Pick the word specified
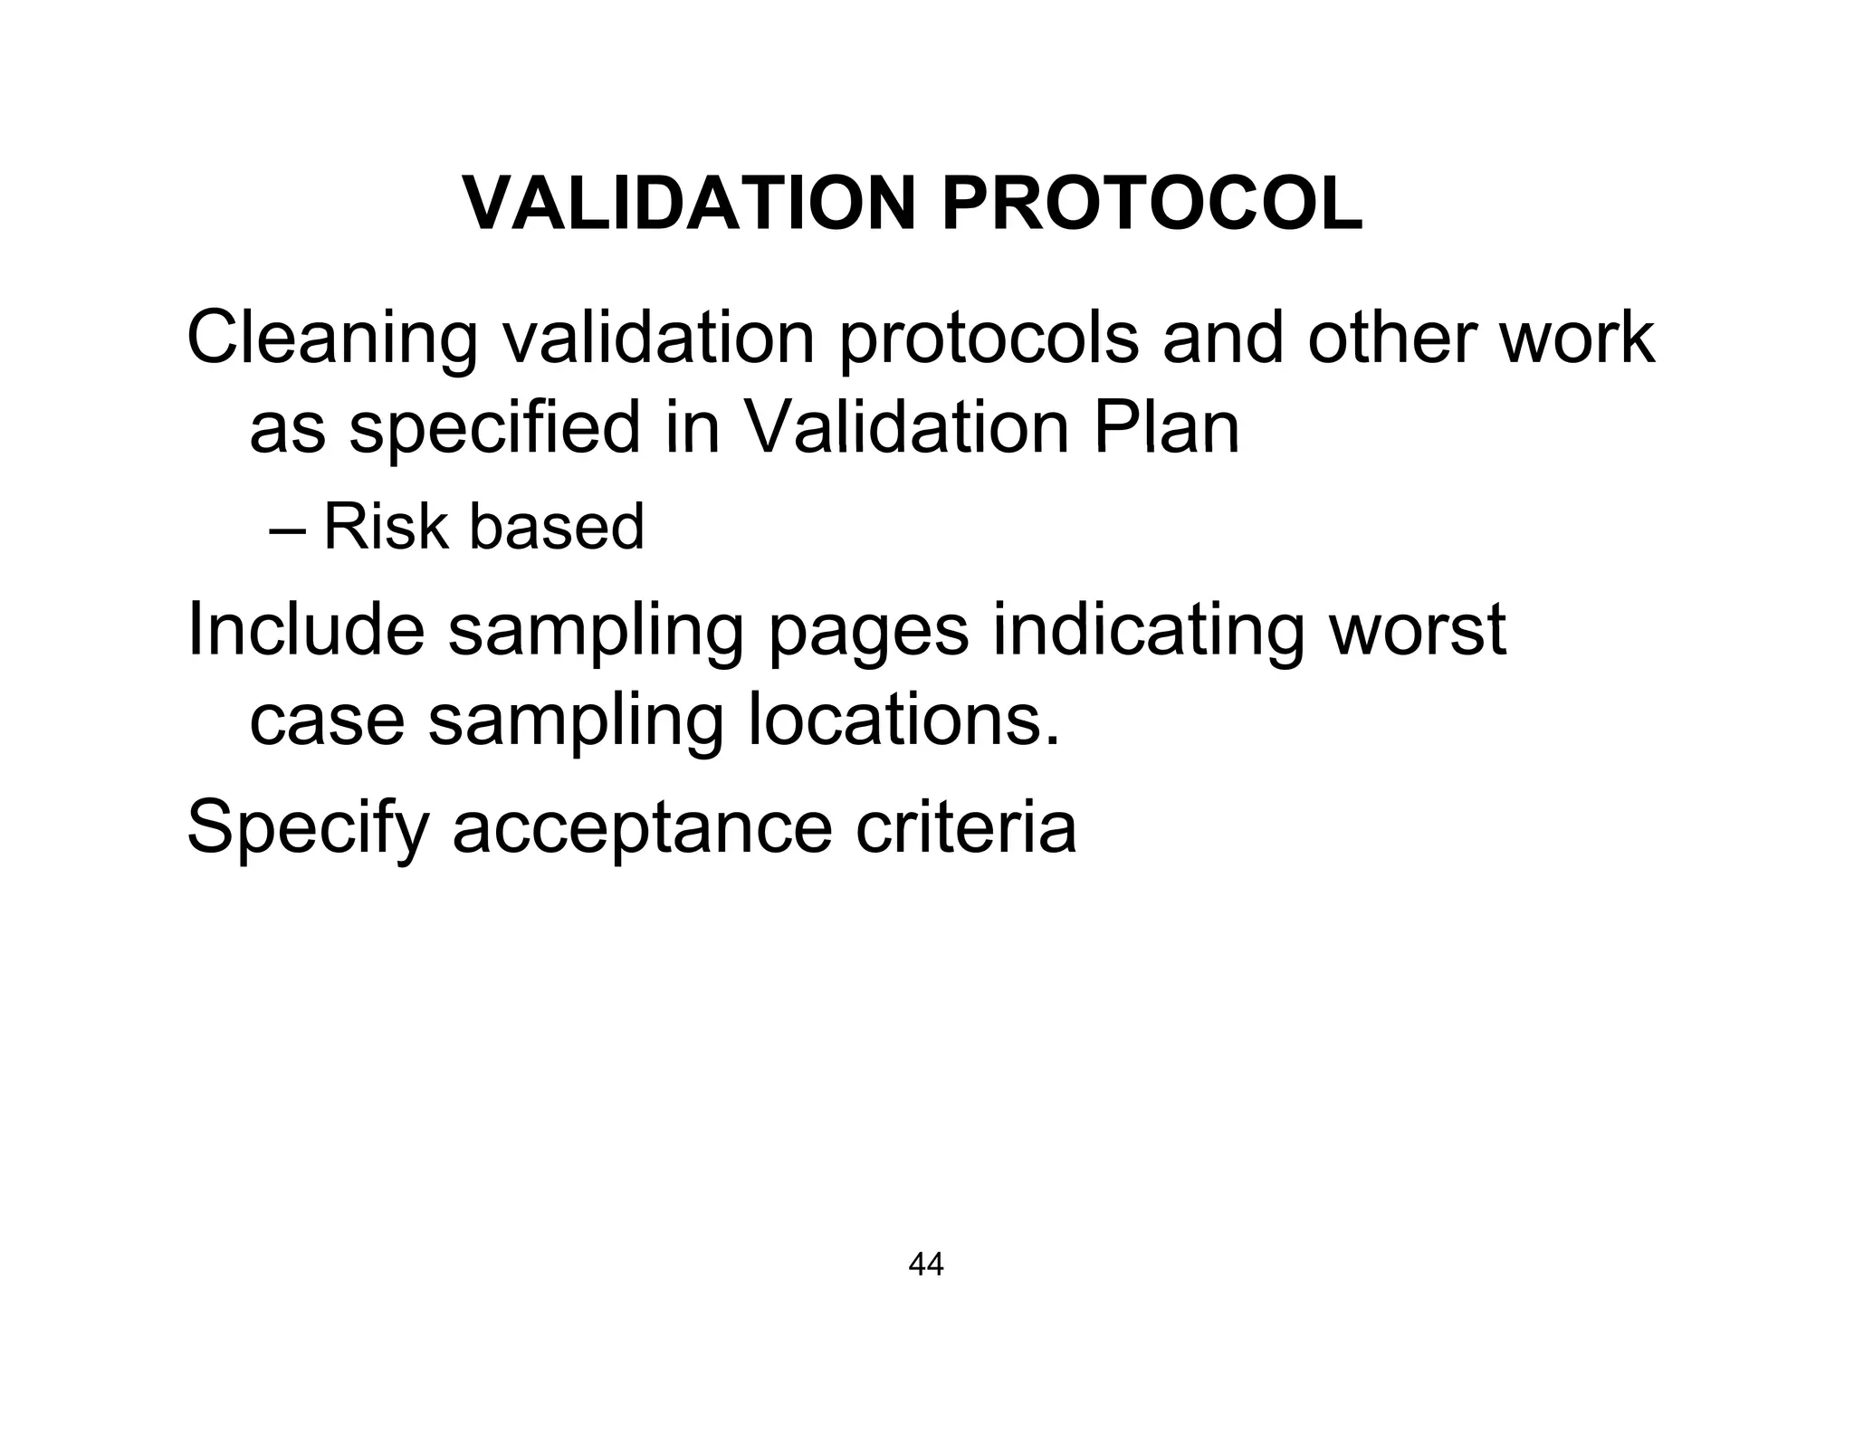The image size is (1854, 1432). tap(494, 429)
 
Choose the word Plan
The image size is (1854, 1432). tap(1166, 427)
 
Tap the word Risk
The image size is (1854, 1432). tap(385, 526)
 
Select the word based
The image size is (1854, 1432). tap(556, 526)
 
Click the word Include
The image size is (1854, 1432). tap(305, 630)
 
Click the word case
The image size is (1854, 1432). tap(326, 722)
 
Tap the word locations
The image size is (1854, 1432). tap(903, 721)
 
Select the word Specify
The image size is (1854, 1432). tap(307, 827)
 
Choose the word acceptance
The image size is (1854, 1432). tap(642, 827)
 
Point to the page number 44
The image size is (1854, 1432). tap(925, 1265)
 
